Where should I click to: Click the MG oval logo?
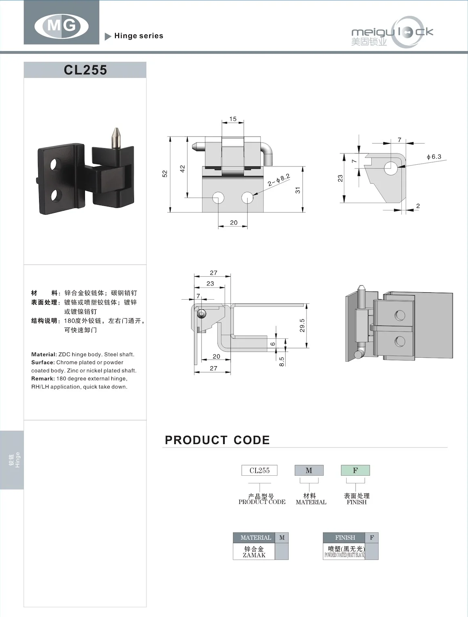(x=61, y=26)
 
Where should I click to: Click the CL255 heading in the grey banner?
(x=85, y=70)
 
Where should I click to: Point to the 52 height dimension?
(x=165, y=174)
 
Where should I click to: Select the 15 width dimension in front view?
(x=233, y=119)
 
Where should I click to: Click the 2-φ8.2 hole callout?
(x=279, y=180)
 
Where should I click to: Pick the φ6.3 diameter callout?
(x=434, y=157)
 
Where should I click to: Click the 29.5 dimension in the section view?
(x=302, y=325)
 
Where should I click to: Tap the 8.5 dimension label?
(x=282, y=361)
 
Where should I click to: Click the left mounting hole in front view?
(x=218, y=197)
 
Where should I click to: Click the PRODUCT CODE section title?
(x=217, y=440)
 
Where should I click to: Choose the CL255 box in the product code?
(x=259, y=470)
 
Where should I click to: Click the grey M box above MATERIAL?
(x=309, y=470)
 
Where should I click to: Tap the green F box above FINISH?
(x=355, y=470)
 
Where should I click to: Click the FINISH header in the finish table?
(x=345, y=538)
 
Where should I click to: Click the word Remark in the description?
(x=43, y=379)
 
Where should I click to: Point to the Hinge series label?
(x=138, y=36)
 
